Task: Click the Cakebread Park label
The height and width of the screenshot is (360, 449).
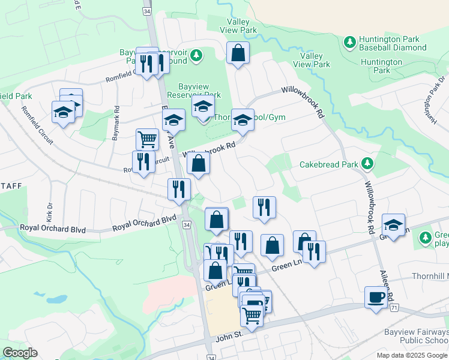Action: (328, 164)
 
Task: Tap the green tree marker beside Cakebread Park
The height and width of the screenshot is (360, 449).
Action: (367, 163)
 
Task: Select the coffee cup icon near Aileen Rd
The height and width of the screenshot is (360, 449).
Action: (376, 298)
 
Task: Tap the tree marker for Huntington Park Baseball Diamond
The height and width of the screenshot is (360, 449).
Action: (349, 43)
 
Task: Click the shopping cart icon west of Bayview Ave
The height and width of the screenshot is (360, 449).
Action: (147, 139)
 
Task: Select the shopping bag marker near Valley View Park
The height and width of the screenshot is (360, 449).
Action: (238, 53)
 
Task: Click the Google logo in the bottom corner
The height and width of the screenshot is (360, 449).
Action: (20, 353)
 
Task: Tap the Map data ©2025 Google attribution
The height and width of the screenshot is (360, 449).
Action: (412, 355)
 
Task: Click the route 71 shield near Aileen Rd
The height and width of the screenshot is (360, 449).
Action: (394, 307)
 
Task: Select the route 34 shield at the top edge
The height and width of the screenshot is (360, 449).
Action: (148, 11)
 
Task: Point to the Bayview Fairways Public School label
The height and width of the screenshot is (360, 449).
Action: (417, 337)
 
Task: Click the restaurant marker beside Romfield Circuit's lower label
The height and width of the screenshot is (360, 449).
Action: (143, 162)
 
